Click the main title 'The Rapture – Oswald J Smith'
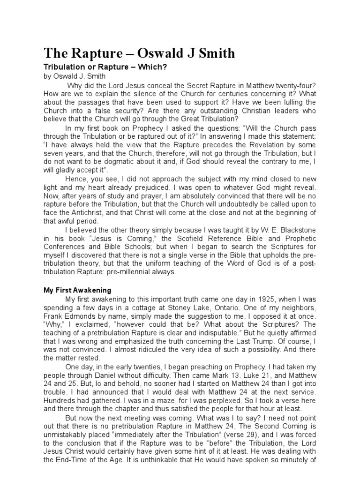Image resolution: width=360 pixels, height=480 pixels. coord(139,53)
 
